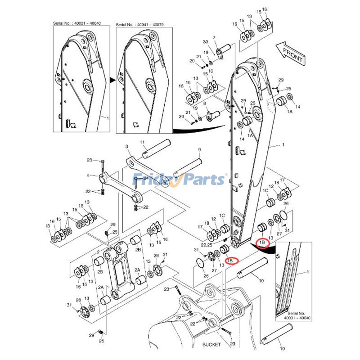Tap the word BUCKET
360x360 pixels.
pyautogui.click(x=211, y=345)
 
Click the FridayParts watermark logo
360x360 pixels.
pyautogui.click(x=180, y=180)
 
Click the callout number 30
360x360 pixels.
pyautogui.click(x=205, y=42)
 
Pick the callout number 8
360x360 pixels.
pyautogui.click(x=205, y=103)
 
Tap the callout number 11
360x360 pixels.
pyautogui.click(x=142, y=143)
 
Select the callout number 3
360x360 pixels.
pyautogui.click(x=127, y=147)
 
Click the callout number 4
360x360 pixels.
pyautogui.click(x=88, y=175)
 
